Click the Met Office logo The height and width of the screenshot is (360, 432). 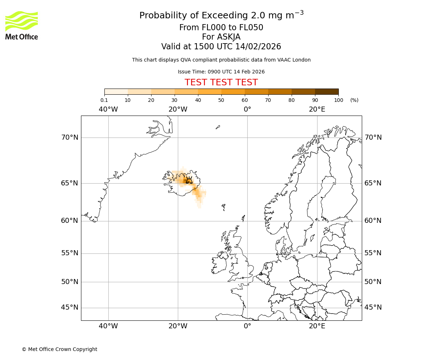click(22, 25)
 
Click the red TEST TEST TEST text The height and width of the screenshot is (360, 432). click(221, 82)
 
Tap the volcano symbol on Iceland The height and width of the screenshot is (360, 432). click(189, 180)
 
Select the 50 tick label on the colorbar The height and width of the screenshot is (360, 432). click(221, 100)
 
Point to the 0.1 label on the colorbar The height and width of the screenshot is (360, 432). click(104, 100)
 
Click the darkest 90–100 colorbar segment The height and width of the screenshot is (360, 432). click(327, 91)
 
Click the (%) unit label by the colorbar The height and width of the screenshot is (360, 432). click(354, 100)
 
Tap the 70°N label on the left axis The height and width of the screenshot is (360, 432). click(69, 138)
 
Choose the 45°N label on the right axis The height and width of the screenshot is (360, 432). click(373, 307)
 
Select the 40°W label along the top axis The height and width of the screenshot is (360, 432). click(108, 109)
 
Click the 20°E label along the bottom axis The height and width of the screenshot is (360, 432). click(317, 326)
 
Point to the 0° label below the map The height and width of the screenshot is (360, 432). click(247, 326)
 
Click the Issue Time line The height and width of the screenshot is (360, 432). click(221, 72)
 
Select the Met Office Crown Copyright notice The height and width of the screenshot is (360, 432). click(59, 349)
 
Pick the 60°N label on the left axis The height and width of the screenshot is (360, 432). click(69, 221)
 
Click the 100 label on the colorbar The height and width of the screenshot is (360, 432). click(338, 100)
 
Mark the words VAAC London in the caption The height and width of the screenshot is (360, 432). click(295, 60)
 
